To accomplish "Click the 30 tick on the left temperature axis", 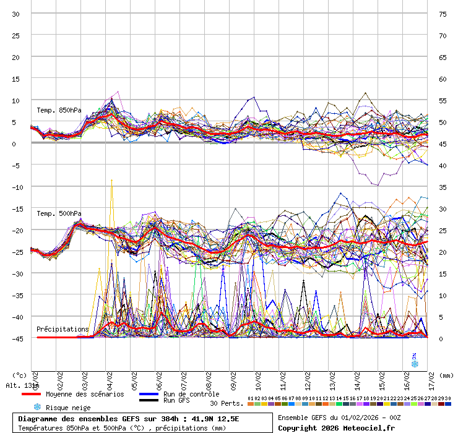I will tap(16, 14).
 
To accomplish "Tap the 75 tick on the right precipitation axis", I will tap(443, 14).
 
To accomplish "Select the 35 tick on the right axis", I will tap(443, 187).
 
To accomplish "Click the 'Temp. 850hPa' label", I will tap(59, 110).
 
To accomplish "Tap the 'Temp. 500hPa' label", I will tap(59, 213).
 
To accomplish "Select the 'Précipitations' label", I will tap(63, 329).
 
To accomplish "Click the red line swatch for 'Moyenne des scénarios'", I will tap(31, 394).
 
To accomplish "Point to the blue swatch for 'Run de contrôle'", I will tap(149, 394).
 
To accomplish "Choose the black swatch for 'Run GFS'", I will tap(149, 400).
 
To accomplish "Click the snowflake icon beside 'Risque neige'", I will tap(37, 407).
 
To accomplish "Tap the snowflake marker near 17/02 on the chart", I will tap(414, 364).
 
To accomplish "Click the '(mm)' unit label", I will tap(447, 375).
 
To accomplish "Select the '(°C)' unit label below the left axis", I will tap(20, 375).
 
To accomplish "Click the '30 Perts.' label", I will tap(227, 403).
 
